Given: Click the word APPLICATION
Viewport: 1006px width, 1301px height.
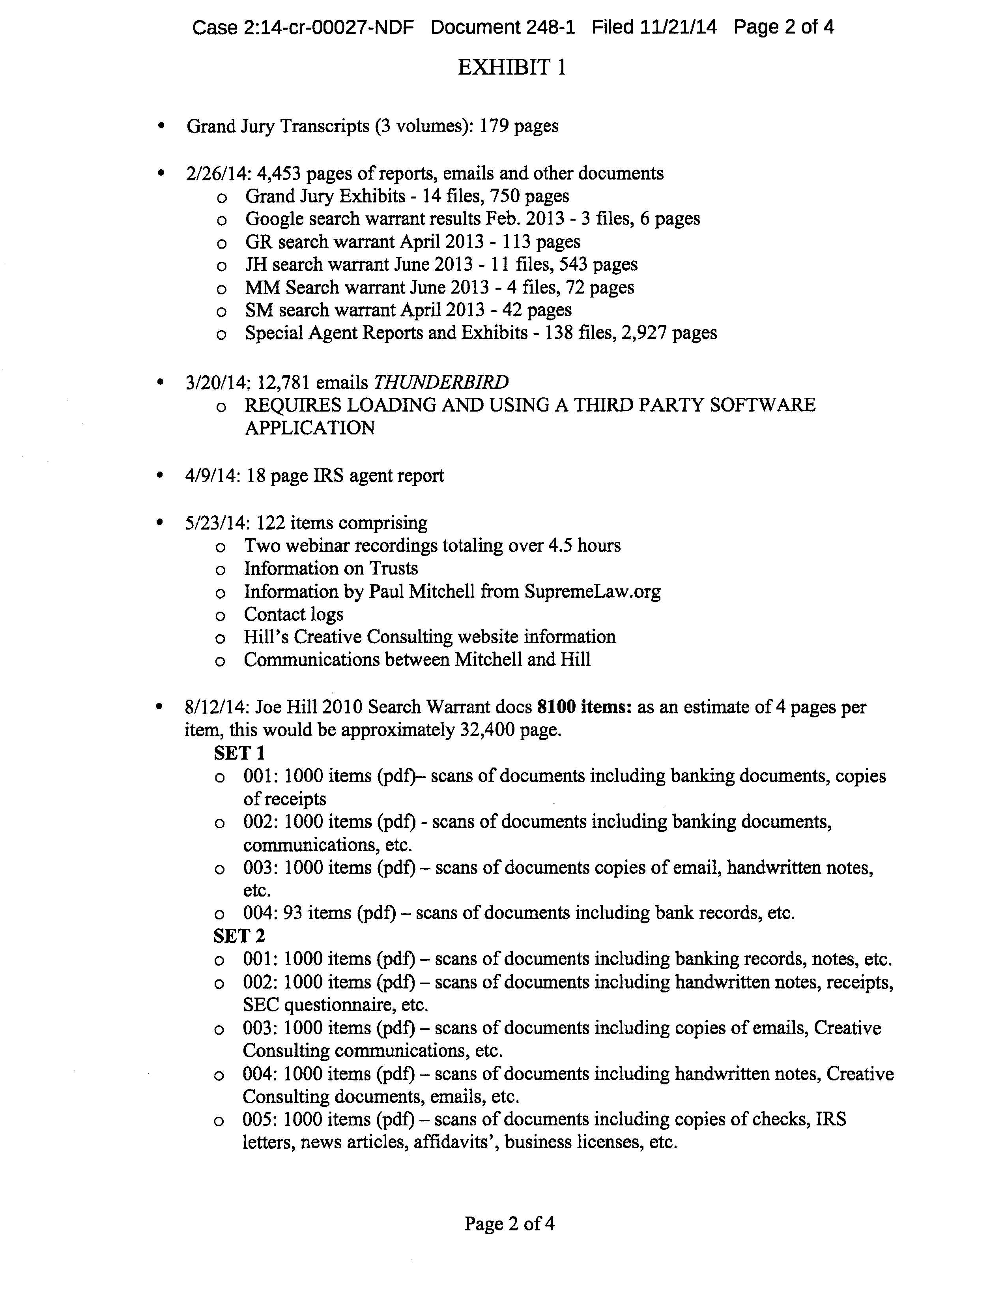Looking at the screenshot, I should point(310,428).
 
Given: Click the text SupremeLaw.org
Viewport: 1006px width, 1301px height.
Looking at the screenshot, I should point(592,592).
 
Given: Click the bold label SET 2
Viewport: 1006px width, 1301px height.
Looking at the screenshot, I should point(239,936).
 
